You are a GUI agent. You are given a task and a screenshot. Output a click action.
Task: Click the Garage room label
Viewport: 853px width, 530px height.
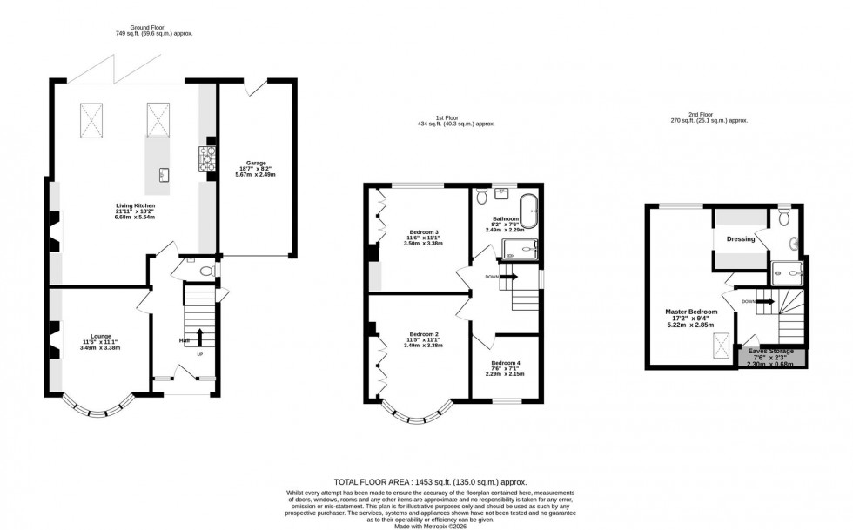coord(255,162)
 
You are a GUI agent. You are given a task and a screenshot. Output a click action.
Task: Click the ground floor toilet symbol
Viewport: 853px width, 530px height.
coord(205,272)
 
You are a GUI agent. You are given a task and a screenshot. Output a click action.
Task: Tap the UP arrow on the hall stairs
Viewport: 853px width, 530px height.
coord(199,338)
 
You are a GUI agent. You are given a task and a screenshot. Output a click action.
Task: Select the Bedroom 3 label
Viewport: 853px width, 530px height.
coord(424,232)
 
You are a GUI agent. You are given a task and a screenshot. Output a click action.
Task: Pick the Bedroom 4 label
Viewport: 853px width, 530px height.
coord(505,363)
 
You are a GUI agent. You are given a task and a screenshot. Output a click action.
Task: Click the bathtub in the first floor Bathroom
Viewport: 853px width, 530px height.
coord(528,211)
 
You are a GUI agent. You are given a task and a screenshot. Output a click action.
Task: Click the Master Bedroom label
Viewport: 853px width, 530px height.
coord(691,312)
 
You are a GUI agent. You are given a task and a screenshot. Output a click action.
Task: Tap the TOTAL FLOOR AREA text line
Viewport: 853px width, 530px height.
coord(431,481)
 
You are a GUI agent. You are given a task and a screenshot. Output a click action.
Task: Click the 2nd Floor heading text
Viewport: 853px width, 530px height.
coord(702,117)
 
